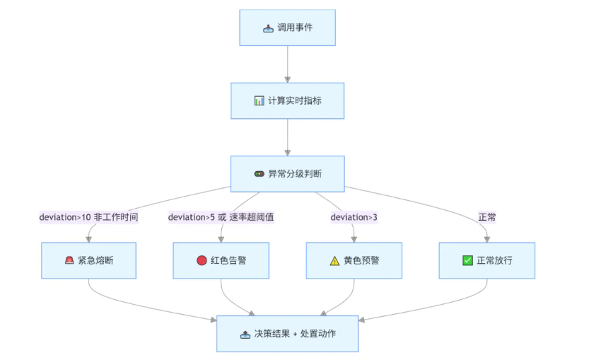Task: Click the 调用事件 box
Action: click(287, 28)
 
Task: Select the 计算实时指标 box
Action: click(287, 100)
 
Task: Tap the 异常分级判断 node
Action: click(287, 173)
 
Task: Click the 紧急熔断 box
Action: click(88, 260)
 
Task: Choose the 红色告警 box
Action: click(221, 260)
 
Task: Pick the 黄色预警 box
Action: click(354, 260)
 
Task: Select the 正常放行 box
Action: click(486, 260)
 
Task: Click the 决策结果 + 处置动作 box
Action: click(287, 333)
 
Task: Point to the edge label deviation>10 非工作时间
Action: click(88, 217)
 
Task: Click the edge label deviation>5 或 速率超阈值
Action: click(221, 217)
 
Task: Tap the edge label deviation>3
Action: click(354, 217)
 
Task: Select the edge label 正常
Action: click(486, 217)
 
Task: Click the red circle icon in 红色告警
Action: click(202, 260)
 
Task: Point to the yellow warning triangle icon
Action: click(334, 260)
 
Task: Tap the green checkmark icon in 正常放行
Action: click(467, 260)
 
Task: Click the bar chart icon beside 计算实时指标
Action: click(259, 101)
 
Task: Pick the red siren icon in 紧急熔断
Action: click(69, 260)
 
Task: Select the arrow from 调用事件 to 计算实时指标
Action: click(287, 64)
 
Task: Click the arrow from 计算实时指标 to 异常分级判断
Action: click(287, 137)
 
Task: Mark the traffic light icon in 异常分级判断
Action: click(259, 173)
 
